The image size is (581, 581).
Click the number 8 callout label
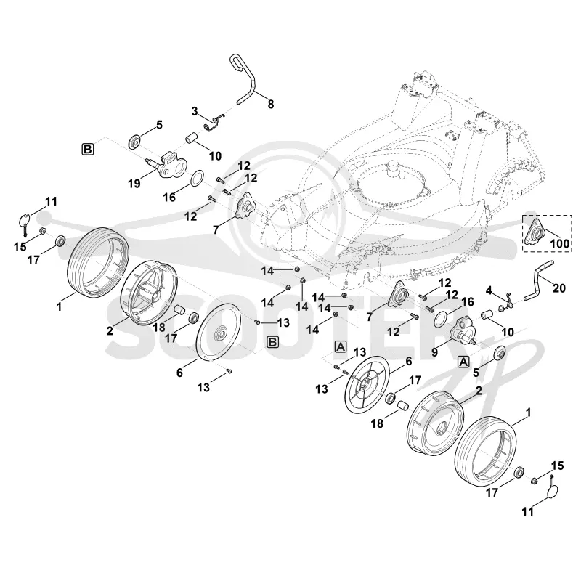click(x=271, y=105)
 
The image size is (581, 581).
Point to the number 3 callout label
click(x=195, y=111)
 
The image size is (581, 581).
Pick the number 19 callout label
click(x=134, y=183)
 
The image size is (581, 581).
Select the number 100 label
click(x=559, y=243)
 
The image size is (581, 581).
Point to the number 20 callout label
click(x=559, y=288)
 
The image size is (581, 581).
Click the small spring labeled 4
click(x=506, y=302)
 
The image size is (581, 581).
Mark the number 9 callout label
click(x=434, y=352)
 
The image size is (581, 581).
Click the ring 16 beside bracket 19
click(x=196, y=177)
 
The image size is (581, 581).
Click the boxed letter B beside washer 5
click(x=87, y=150)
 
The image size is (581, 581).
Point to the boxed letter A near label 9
click(x=463, y=361)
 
